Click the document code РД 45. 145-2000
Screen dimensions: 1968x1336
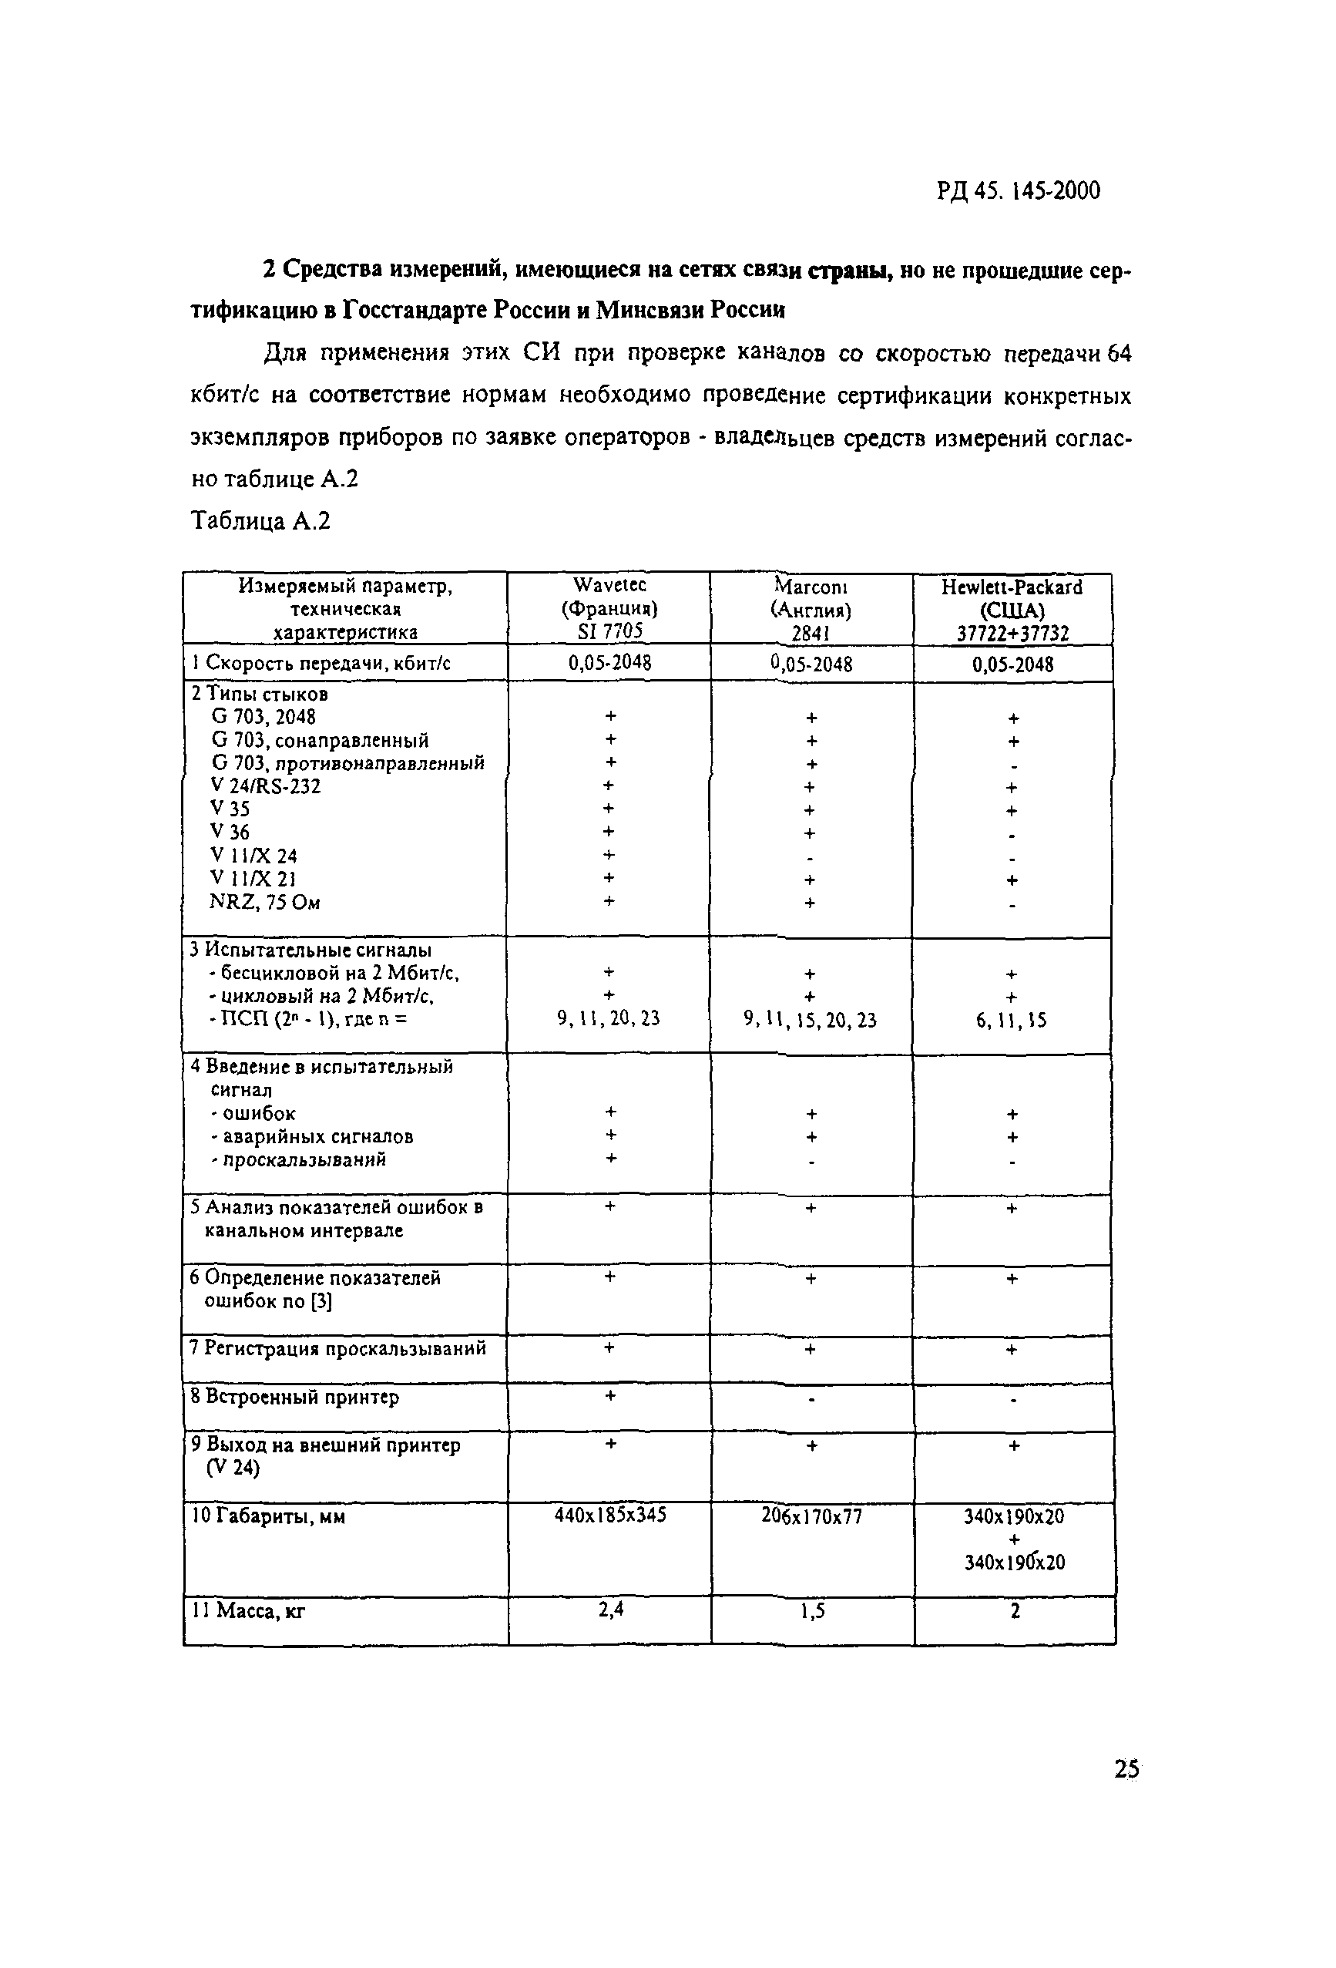1018,190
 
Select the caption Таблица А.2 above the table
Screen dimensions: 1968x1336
260,521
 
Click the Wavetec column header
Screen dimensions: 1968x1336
609,607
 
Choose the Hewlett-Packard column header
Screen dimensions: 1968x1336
1012,609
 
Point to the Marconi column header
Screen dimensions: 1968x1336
811,609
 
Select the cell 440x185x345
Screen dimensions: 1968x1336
609,1514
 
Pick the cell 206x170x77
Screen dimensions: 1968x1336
811,1516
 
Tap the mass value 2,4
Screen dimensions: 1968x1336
610,1609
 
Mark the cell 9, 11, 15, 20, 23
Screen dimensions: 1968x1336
811,1021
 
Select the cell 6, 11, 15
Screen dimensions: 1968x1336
1011,1021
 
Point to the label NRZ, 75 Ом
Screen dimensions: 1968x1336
265,902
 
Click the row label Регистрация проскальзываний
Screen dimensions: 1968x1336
337,1348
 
